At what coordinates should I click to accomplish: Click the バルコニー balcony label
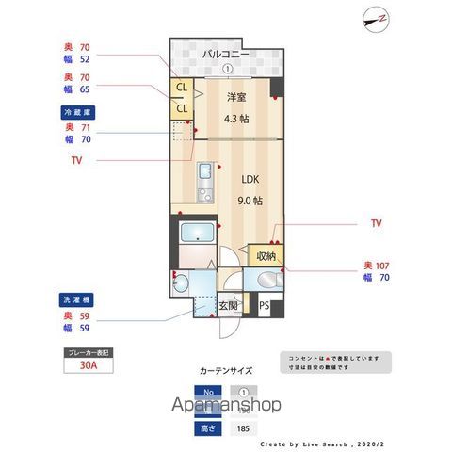(x=226, y=55)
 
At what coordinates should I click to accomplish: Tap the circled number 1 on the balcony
(x=226, y=69)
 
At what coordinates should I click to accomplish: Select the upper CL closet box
(x=181, y=89)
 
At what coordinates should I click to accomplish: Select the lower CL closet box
(x=181, y=107)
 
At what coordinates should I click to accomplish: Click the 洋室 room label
(x=236, y=97)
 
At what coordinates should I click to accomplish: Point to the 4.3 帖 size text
(x=236, y=119)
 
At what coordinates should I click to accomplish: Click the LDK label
(x=249, y=179)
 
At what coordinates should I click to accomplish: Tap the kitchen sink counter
(x=204, y=183)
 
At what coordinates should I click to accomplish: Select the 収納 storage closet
(x=264, y=254)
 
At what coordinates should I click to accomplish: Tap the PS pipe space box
(x=265, y=305)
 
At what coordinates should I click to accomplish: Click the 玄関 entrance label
(x=229, y=305)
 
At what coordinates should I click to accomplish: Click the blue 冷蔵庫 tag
(x=77, y=112)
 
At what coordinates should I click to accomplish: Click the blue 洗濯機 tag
(x=77, y=299)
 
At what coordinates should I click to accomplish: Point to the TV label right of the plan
(x=376, y=224)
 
